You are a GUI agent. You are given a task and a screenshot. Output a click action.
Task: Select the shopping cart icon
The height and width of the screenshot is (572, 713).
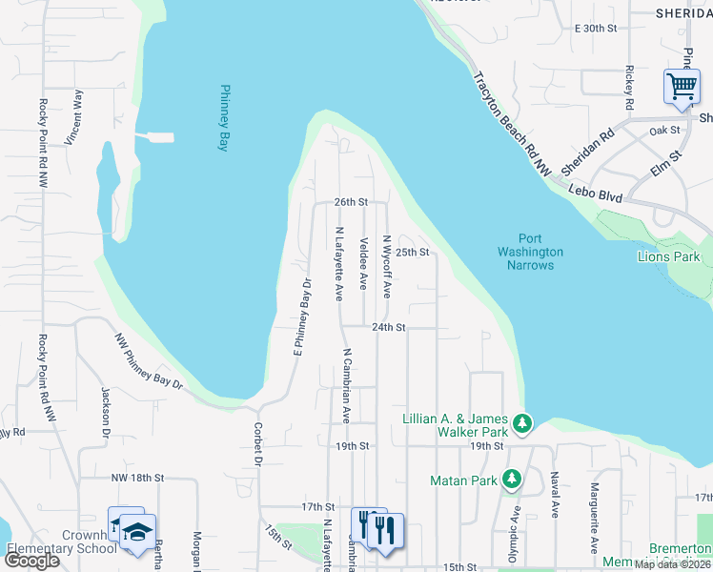682,87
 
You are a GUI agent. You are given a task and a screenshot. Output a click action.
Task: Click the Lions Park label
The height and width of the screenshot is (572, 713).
669,256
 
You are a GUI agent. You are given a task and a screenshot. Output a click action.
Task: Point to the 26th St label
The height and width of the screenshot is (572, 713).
351,202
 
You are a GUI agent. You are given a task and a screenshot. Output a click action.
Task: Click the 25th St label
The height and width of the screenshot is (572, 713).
414,253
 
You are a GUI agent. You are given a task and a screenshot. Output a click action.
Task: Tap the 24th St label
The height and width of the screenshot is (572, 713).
389,327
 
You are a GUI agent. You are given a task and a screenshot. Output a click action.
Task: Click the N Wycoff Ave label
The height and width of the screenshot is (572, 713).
387,267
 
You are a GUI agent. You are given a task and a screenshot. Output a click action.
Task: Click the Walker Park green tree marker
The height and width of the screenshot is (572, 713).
522,422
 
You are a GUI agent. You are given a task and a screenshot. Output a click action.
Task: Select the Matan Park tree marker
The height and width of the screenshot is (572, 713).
512,479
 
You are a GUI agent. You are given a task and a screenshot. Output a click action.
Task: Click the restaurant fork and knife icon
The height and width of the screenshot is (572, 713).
387,529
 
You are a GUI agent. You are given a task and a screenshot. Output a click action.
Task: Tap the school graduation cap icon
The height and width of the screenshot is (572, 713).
136,530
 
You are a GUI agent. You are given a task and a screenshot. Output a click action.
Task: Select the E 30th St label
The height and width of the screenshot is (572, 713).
597,29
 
